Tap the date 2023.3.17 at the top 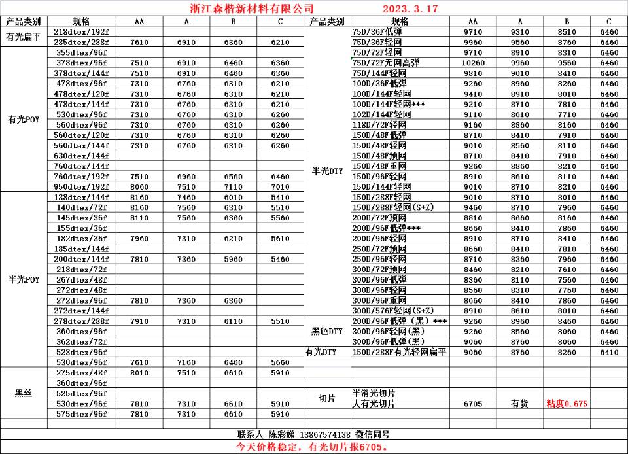pos(410,9)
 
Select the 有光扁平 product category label pos(24,37)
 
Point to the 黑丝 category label pos(24,393)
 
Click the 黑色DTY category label pos(327,332)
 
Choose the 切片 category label pos(327,398)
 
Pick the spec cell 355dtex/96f pos(82,52)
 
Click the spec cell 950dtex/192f pos(82,186)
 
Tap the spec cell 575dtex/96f pos(82,414)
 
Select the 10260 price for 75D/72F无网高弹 pos(472,63)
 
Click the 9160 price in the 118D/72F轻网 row pos(472,125)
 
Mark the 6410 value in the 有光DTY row pos(608,352)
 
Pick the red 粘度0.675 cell pos(567,404)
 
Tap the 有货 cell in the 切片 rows pos(519,404)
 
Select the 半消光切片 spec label pos(374,393)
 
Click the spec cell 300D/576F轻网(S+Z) pos(392,311)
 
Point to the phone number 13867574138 pos(325,434)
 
